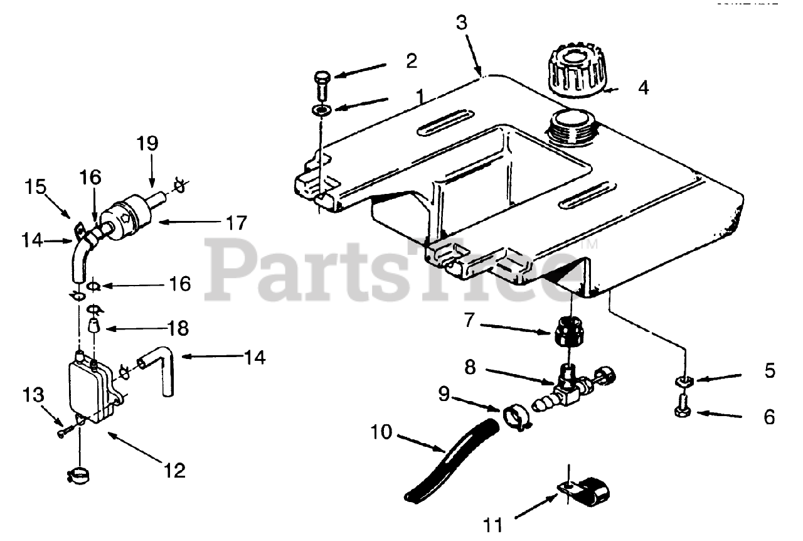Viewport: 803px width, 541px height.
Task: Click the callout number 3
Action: [x=462, y=23]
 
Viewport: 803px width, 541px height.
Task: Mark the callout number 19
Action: [x=148, y=143]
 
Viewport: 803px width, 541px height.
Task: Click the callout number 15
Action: [x=36, y=186]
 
